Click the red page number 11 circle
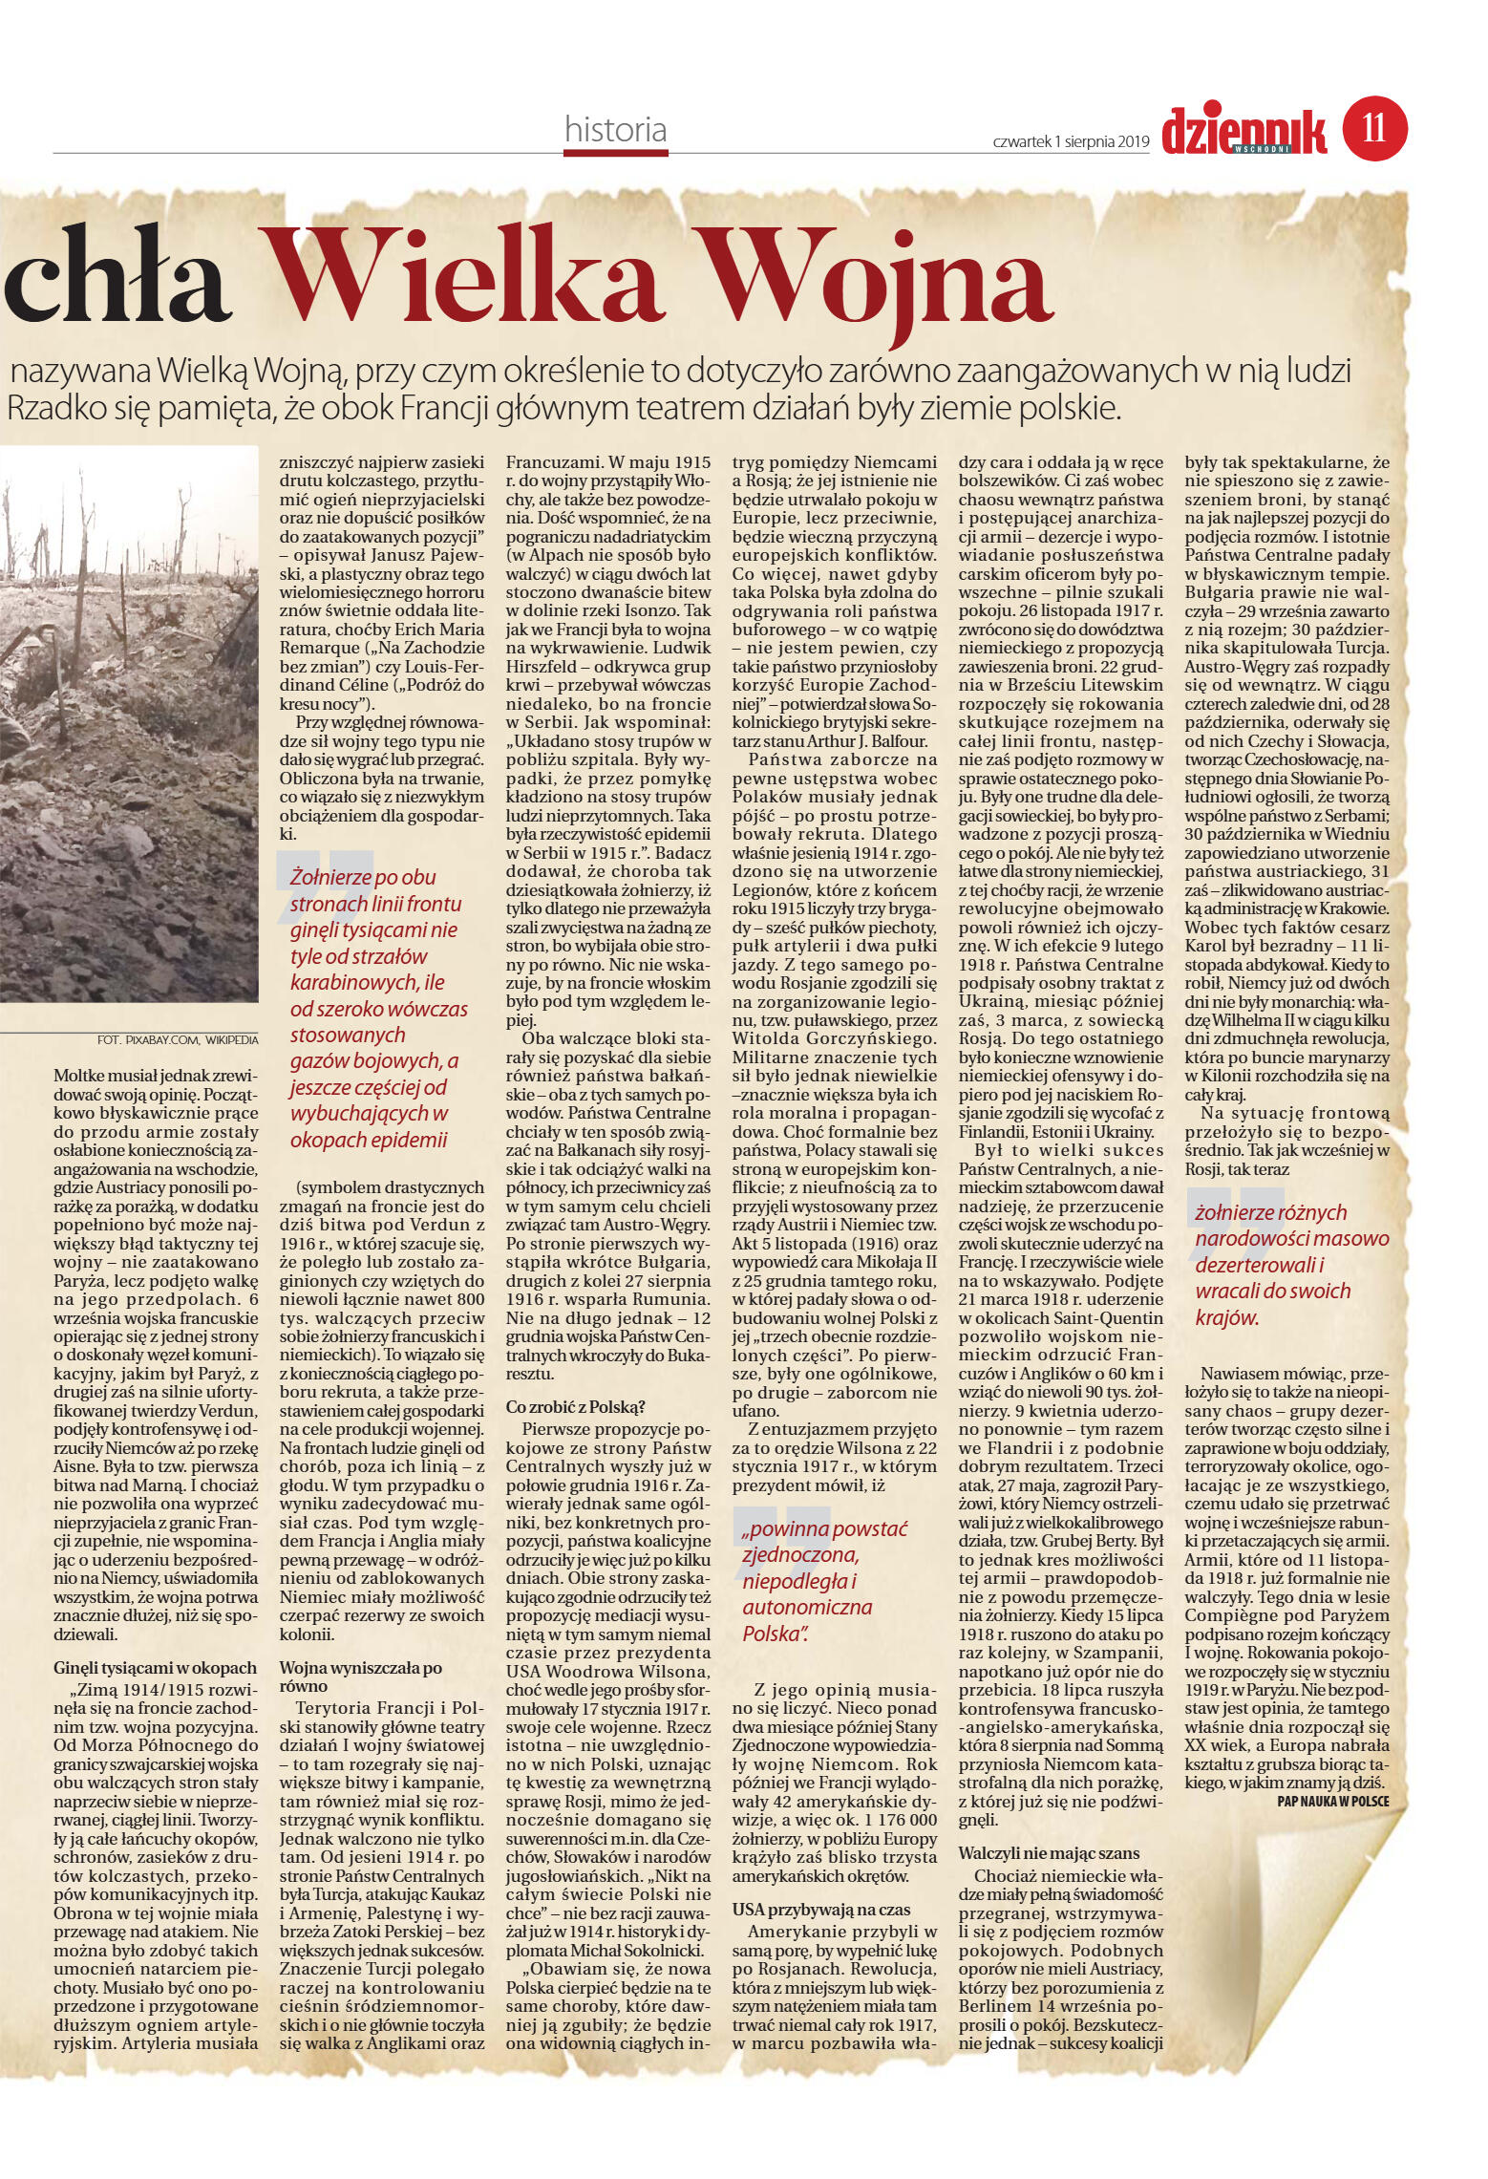coord(1374,128)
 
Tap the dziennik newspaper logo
coord(1244,131)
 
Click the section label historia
coord(615,129)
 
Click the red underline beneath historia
coord(616,150)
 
